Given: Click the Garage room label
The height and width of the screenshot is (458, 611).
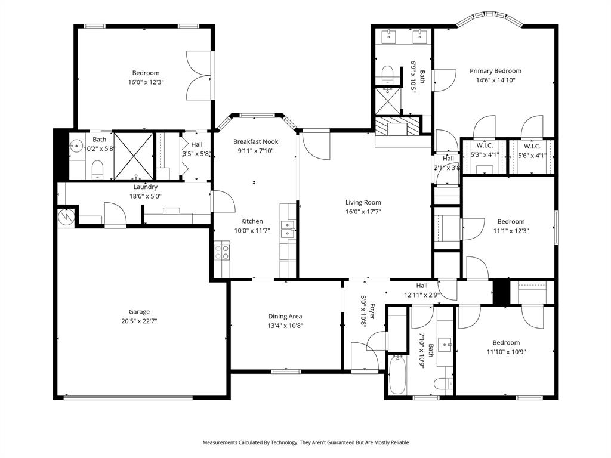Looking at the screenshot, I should point(139,311).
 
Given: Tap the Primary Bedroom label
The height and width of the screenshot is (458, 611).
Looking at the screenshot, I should point(495,70).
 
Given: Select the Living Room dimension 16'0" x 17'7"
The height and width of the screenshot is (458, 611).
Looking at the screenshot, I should point(363,211).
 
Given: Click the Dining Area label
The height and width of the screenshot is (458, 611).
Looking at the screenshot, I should point(285,316).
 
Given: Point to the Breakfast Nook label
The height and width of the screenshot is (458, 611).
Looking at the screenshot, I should point(255,141).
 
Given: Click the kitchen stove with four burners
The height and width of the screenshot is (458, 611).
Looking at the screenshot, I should point(222,252).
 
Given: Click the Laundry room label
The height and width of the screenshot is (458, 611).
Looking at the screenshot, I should point(146,187).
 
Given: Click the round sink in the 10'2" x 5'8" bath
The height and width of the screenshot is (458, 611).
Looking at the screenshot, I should point(76,146).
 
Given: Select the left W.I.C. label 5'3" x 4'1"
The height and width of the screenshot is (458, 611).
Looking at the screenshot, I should point(484,146).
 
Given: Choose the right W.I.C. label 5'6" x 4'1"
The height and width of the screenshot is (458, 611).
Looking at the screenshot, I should point(532,146).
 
